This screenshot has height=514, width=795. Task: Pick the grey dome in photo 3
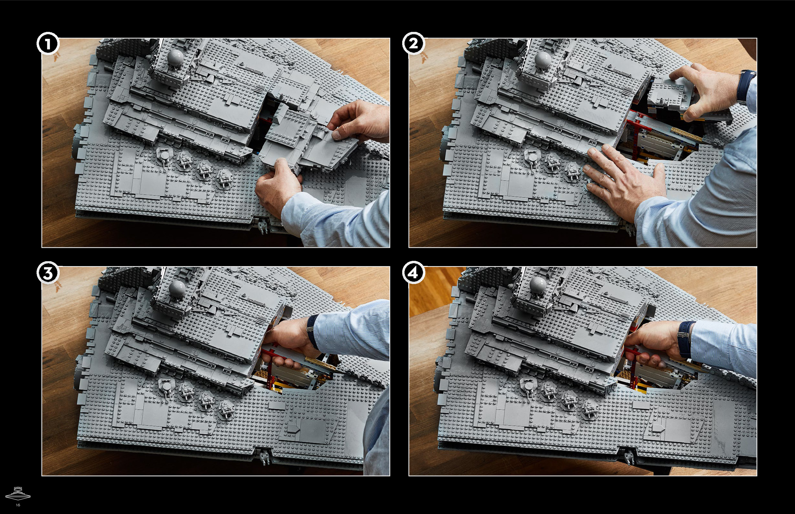click(178, 288)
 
